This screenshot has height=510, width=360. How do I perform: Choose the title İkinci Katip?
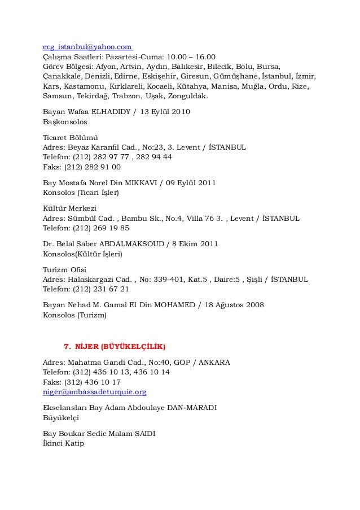click(63, 443)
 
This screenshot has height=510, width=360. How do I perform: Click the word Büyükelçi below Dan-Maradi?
click(62, 417)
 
